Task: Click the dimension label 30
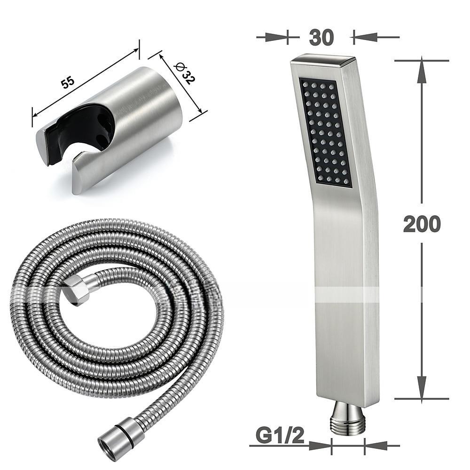point(321,38)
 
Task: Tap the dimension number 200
point(422,224)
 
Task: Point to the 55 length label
point(68,82)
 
